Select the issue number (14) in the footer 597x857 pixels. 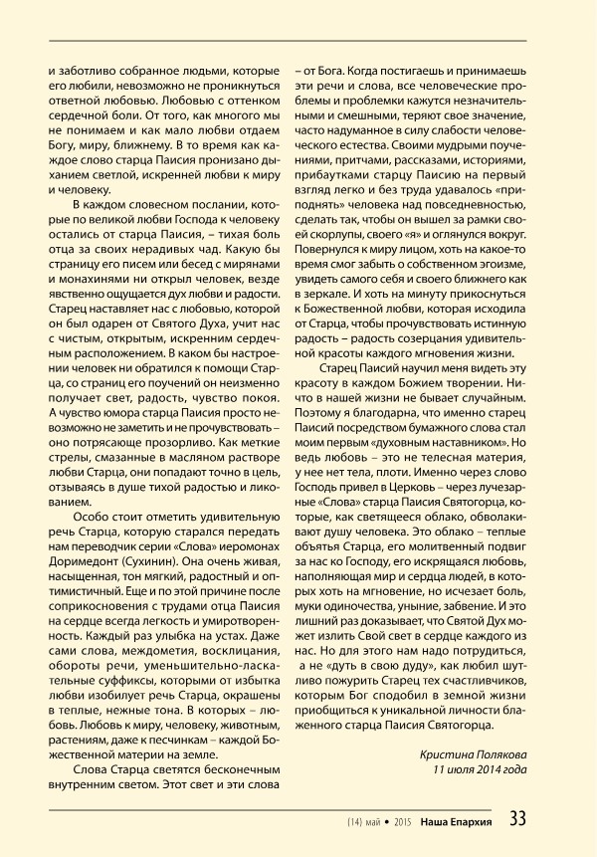coord(357,821)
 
